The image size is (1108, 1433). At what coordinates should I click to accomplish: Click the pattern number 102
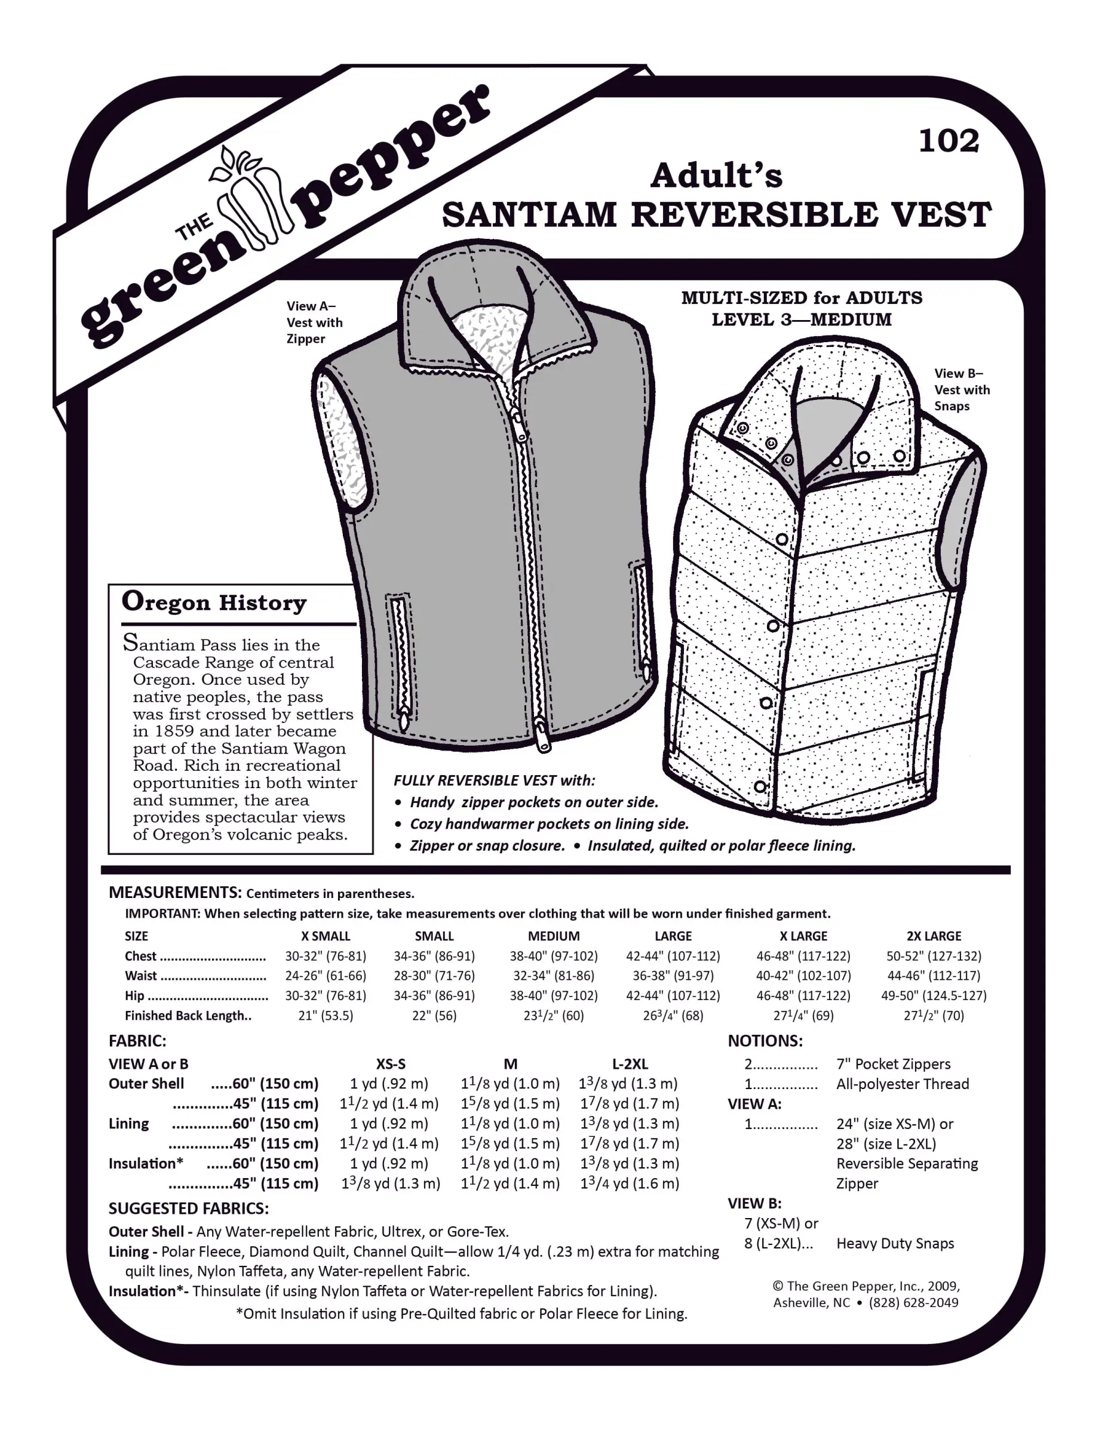949,141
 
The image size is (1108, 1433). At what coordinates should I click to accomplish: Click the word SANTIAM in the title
529,214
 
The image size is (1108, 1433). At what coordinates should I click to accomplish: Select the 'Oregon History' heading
214,602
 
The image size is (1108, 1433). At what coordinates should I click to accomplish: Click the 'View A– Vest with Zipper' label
314,322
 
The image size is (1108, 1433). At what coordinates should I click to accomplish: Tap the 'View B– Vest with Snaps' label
961,389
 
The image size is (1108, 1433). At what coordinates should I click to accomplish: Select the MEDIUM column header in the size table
553,936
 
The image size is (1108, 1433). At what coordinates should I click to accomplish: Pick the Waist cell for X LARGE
803,976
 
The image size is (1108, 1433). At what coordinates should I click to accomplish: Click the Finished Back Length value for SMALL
434,1015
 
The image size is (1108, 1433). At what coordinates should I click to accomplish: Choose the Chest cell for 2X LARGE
934,956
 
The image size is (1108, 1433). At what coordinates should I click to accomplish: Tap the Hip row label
134,995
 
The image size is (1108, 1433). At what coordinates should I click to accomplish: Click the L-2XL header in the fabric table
630,1063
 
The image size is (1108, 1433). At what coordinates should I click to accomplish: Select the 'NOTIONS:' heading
765,1041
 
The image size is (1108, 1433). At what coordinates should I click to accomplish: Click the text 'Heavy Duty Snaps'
895,1243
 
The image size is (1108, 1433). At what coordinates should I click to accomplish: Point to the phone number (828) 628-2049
913,1302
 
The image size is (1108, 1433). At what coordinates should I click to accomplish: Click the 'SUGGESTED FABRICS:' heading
188,1208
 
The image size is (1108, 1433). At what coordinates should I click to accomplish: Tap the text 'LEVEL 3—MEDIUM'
802,319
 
